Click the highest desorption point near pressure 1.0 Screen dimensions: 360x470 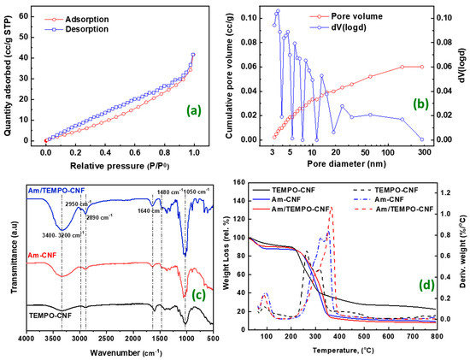[x=193, y=55]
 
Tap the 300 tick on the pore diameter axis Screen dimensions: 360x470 [x=421, y=151]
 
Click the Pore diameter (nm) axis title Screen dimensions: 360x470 [x=347, y=164]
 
